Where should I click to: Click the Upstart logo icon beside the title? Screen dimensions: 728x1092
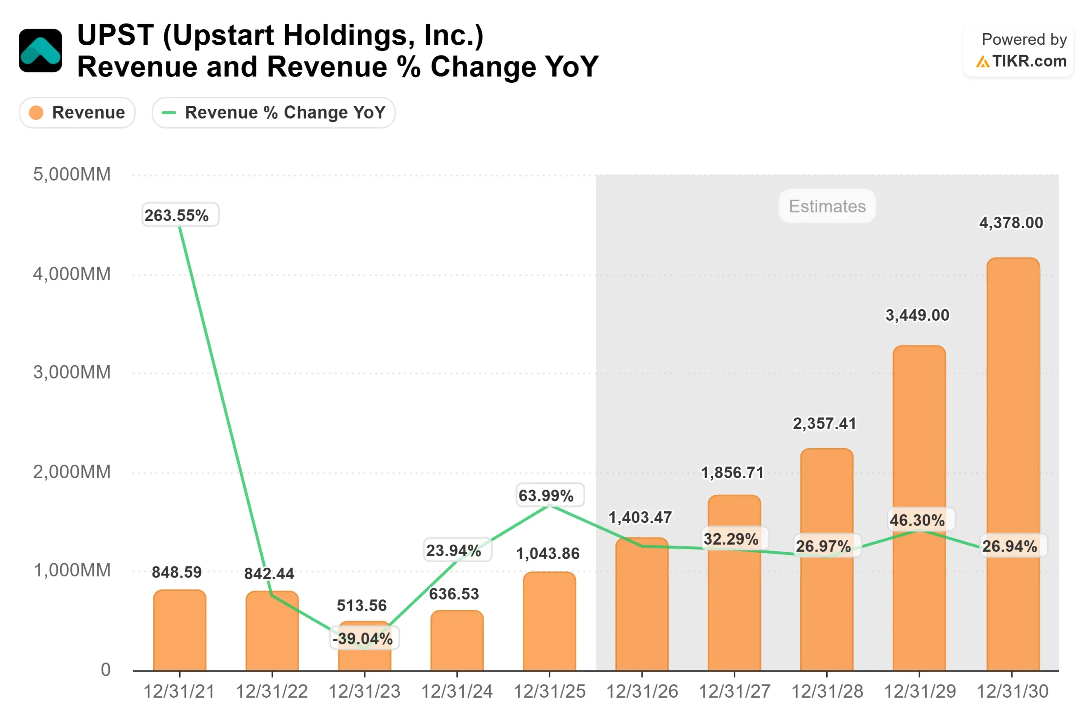[41, 51]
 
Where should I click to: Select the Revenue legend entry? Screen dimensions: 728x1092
[77, 112]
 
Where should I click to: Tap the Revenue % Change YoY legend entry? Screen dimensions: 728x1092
[273, 112]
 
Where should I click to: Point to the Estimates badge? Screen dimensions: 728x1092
[827, 206]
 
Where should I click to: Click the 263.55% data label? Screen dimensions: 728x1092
[177, 215]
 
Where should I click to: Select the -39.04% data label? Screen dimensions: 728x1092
[363, 638]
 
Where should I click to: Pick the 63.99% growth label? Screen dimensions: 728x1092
[546, 496]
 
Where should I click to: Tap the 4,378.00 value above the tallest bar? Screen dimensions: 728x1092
[1011, 223]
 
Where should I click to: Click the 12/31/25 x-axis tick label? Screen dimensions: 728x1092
[549, 692]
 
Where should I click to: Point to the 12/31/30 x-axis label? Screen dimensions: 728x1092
[1012, 692]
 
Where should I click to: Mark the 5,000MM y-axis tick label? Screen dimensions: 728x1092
[72, 174]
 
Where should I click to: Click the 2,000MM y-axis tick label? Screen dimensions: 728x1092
[72, 472]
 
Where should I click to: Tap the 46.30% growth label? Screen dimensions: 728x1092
[917, 520]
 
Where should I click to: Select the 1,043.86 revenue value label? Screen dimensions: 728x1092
[548, 554]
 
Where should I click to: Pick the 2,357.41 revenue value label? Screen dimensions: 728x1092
[824, 423]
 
